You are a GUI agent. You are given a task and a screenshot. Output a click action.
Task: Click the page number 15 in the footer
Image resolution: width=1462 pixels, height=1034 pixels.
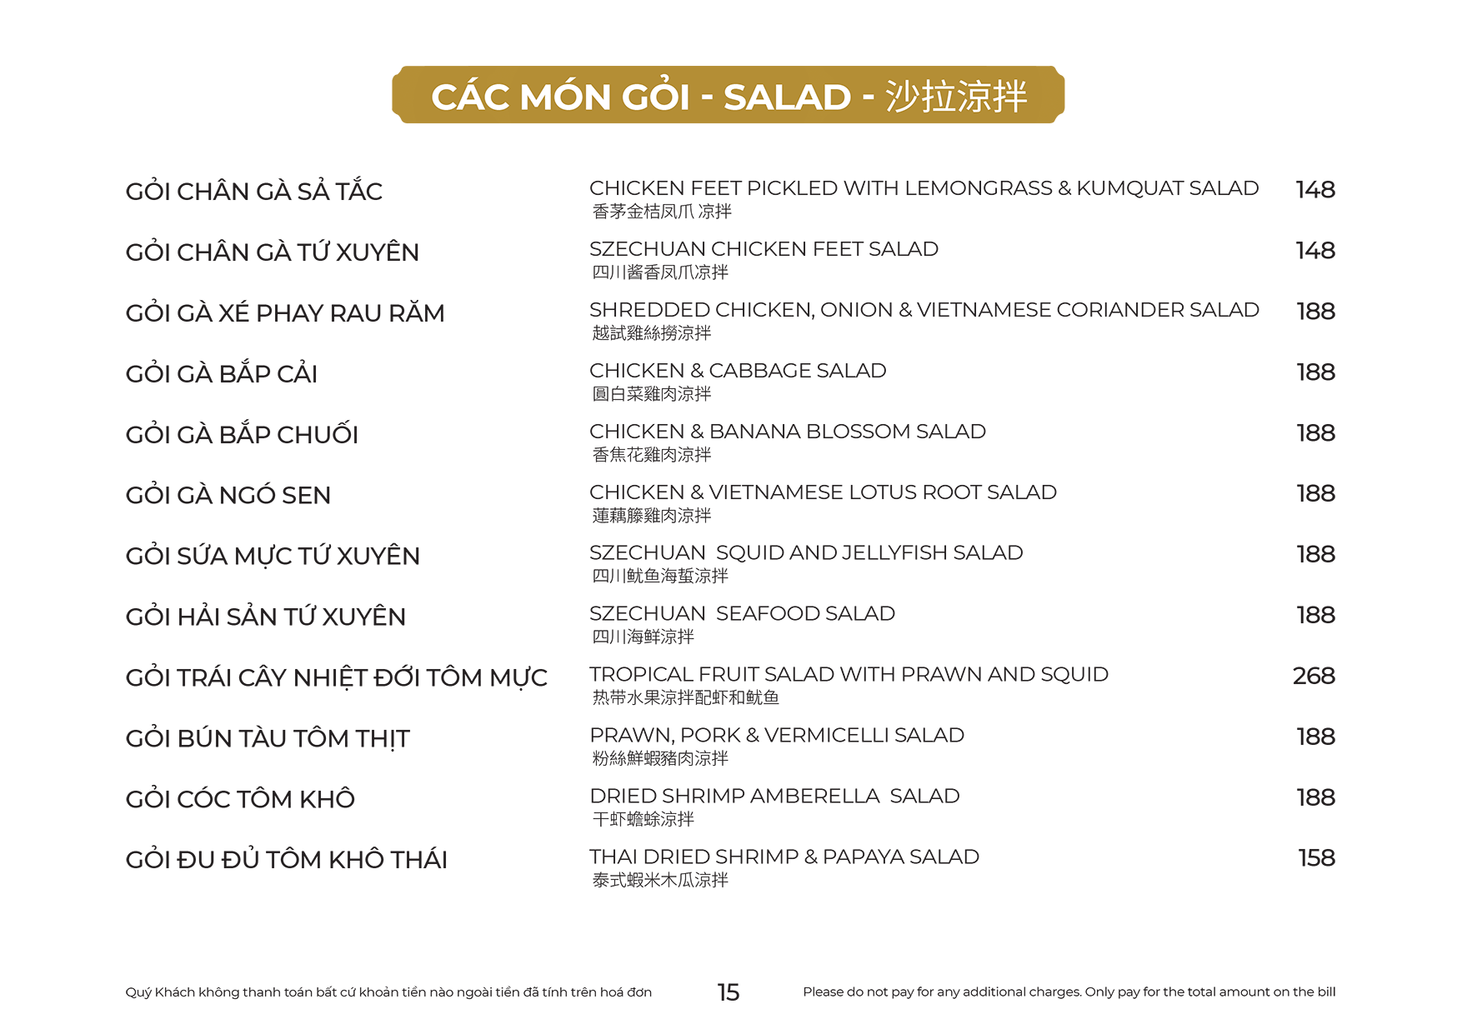[x=728, y=992]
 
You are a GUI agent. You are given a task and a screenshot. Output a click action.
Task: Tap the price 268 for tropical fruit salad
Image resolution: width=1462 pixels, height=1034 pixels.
[x=1314, y=676]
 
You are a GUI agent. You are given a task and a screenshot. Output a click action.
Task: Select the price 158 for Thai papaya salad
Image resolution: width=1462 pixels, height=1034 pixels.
[x=1316, y=857]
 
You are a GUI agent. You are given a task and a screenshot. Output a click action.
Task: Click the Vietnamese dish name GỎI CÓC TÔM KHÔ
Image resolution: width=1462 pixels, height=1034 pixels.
[x=240, y=799]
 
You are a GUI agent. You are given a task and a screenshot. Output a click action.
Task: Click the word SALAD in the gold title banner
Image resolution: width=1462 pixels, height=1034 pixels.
[x=787, y=97]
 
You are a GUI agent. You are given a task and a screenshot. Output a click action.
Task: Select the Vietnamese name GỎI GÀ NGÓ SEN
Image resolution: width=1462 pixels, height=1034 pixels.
[x=228, y=495]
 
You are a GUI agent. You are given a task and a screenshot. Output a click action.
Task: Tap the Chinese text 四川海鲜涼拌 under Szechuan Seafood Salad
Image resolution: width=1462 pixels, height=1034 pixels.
[x=643, y=637]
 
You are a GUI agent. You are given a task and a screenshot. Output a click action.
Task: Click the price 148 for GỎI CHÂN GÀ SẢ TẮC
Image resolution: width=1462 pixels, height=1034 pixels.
[x=1314, y=190]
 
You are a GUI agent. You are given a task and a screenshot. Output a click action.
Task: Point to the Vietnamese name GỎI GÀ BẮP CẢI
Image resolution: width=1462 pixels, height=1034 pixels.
[x=222, y=373]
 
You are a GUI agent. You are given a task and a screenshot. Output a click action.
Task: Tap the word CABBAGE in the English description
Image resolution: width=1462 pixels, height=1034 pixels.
[x=757, y=371]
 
